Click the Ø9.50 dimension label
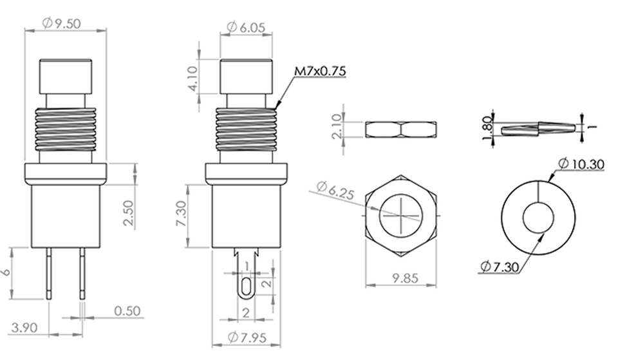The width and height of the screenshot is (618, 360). pos(61,24)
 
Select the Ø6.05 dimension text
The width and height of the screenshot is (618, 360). pos(247,27)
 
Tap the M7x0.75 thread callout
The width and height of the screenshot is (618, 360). pos(320,71)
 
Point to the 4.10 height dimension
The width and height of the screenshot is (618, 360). pos(192,78)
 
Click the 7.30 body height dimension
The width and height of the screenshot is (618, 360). pos(181,213)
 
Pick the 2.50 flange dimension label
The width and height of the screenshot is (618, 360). pos(129,213)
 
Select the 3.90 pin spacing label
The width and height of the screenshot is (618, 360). pos(24,328)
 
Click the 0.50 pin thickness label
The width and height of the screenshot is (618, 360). pos(127,311)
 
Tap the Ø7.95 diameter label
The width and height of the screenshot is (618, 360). pos(247,337)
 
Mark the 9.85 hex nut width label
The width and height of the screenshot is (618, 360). pos(405,278)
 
